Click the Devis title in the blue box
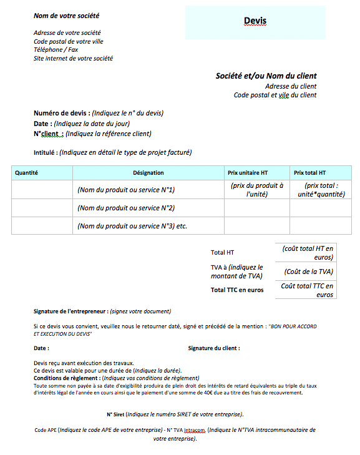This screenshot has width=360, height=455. (x=255, y=21)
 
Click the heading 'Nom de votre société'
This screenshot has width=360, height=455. (x=66, y=16)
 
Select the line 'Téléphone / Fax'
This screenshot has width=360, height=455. (x=56, y=49)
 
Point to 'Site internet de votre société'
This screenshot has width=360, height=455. (x=73, y=58)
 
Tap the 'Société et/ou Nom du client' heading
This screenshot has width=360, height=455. (x=266, y=76)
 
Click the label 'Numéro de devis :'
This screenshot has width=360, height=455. (x=62, y=113)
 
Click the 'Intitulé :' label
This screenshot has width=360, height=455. (x=46, y=152)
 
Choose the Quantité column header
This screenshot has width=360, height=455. (x=27, y=173)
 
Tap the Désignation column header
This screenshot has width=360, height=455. (x=148, y=173)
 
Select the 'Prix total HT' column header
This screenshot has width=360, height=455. (x=310, y=173)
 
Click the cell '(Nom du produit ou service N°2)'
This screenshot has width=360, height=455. (x=125, y=208)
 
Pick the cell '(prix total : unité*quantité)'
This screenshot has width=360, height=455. (x=321, y=190)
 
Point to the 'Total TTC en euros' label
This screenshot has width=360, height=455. (x=237, y=290)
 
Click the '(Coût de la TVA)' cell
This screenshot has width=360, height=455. (x=308, y=272)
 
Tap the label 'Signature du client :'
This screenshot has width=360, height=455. (x=214, y=348)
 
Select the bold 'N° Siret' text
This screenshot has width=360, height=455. (x=115, y=414)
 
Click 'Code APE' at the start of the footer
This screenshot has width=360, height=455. (x=46, y=430)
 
